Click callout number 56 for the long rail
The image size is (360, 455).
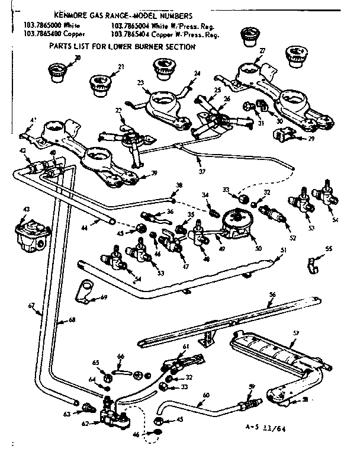click(x=272, y=294)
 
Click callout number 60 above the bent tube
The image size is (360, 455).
click(x=205, y=395)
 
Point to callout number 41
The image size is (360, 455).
click(x=33, y=120)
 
